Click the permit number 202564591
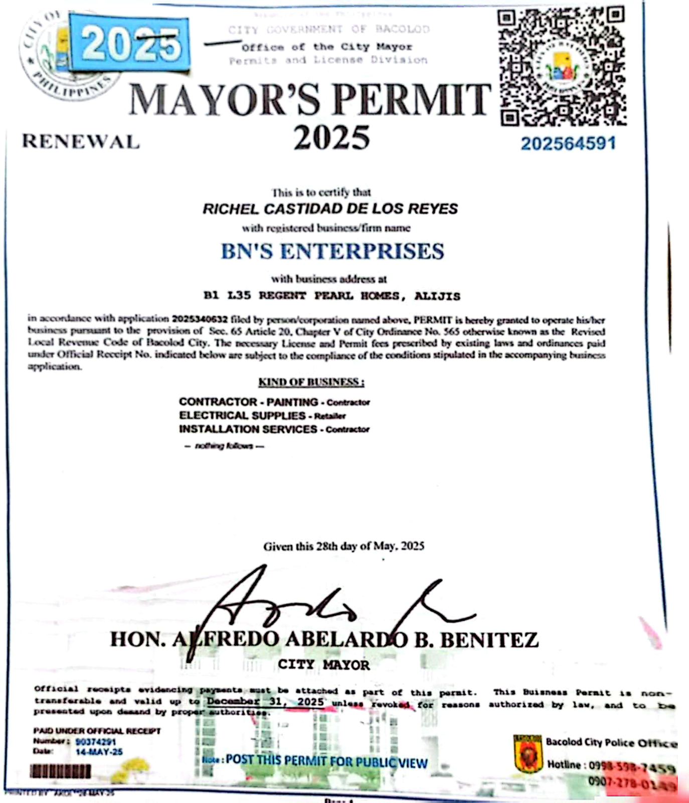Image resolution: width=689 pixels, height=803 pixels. point(568,144)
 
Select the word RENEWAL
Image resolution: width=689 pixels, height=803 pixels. point(80,142)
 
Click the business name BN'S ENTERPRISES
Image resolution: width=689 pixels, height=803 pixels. point(332,251)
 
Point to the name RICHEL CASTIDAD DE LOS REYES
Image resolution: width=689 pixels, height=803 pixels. point(330,209)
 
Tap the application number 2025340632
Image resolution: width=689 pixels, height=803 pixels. point(200,319)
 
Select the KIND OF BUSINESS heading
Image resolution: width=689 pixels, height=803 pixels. point(311,382)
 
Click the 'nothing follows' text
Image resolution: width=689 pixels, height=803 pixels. point(224,446)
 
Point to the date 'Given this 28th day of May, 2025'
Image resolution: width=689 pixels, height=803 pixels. point(343,546)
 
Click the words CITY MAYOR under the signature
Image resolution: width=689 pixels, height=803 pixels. point(324,665)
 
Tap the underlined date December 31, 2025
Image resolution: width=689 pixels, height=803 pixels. point(265,702)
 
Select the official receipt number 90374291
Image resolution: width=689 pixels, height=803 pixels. point(96,742)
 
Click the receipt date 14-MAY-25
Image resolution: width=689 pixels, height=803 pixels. point(99,752)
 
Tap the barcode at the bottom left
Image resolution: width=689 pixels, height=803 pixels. point(61,771)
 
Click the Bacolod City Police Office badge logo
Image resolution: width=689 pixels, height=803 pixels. point(528,753)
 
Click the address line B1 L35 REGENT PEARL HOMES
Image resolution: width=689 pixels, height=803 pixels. point(331,296)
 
